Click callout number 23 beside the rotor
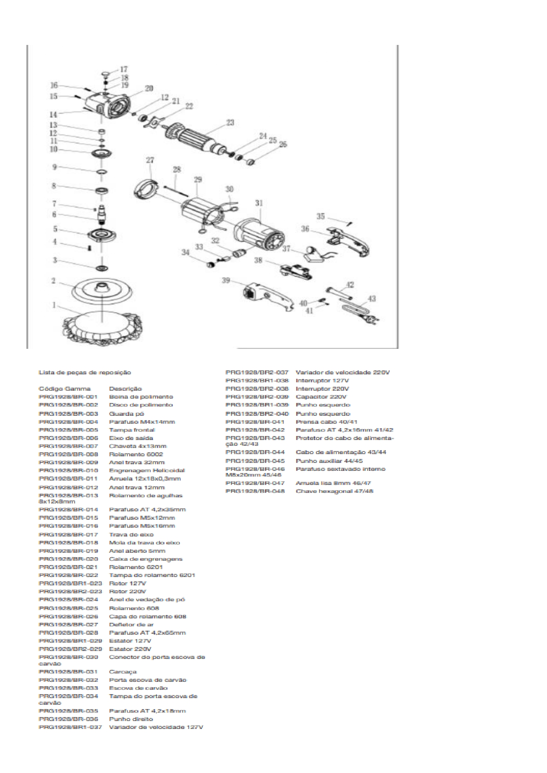pos(230,122)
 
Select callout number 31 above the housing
pos(259,203)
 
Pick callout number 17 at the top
pos(124,70)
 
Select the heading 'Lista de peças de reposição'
pos(85,373)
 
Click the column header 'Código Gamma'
pos(64,389)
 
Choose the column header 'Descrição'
pos(125,389)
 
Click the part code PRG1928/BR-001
pos(68,397)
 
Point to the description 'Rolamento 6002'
pos(136,454)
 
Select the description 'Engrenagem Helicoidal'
pos(147,470)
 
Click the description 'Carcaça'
pos(123,672)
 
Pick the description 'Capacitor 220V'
pos(321,397)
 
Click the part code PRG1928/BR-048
pos(255,491)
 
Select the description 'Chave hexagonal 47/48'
pos(334,491)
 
